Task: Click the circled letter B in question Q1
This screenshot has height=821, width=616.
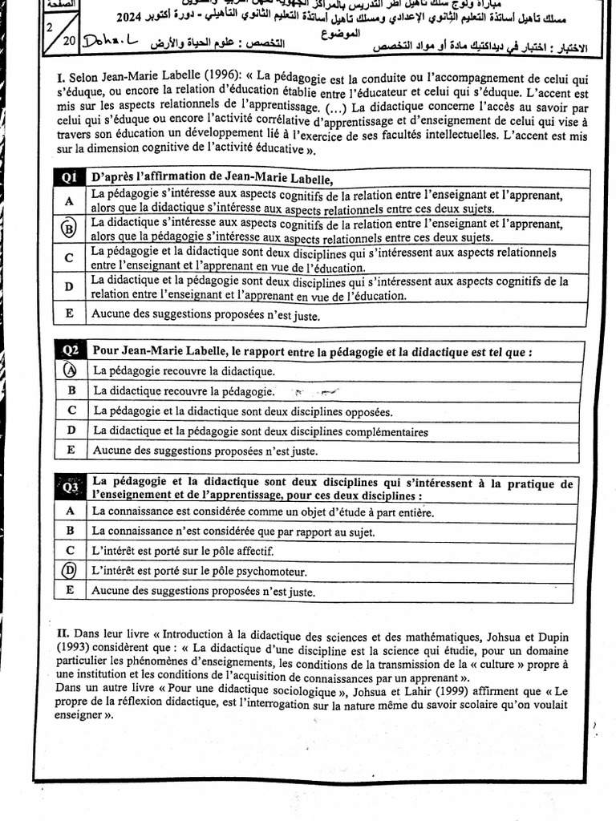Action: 69,229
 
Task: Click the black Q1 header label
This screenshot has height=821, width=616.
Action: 69,178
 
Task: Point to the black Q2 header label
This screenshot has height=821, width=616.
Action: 71,351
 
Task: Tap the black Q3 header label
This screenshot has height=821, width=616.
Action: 70,487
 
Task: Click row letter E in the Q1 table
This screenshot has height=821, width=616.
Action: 69,314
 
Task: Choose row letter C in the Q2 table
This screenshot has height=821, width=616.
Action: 71,410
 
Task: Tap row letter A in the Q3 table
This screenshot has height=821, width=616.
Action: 71,510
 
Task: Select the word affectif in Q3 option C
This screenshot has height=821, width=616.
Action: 254,551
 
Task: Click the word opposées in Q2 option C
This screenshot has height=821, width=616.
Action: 368,411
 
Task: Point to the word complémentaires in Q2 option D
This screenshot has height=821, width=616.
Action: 383,431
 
